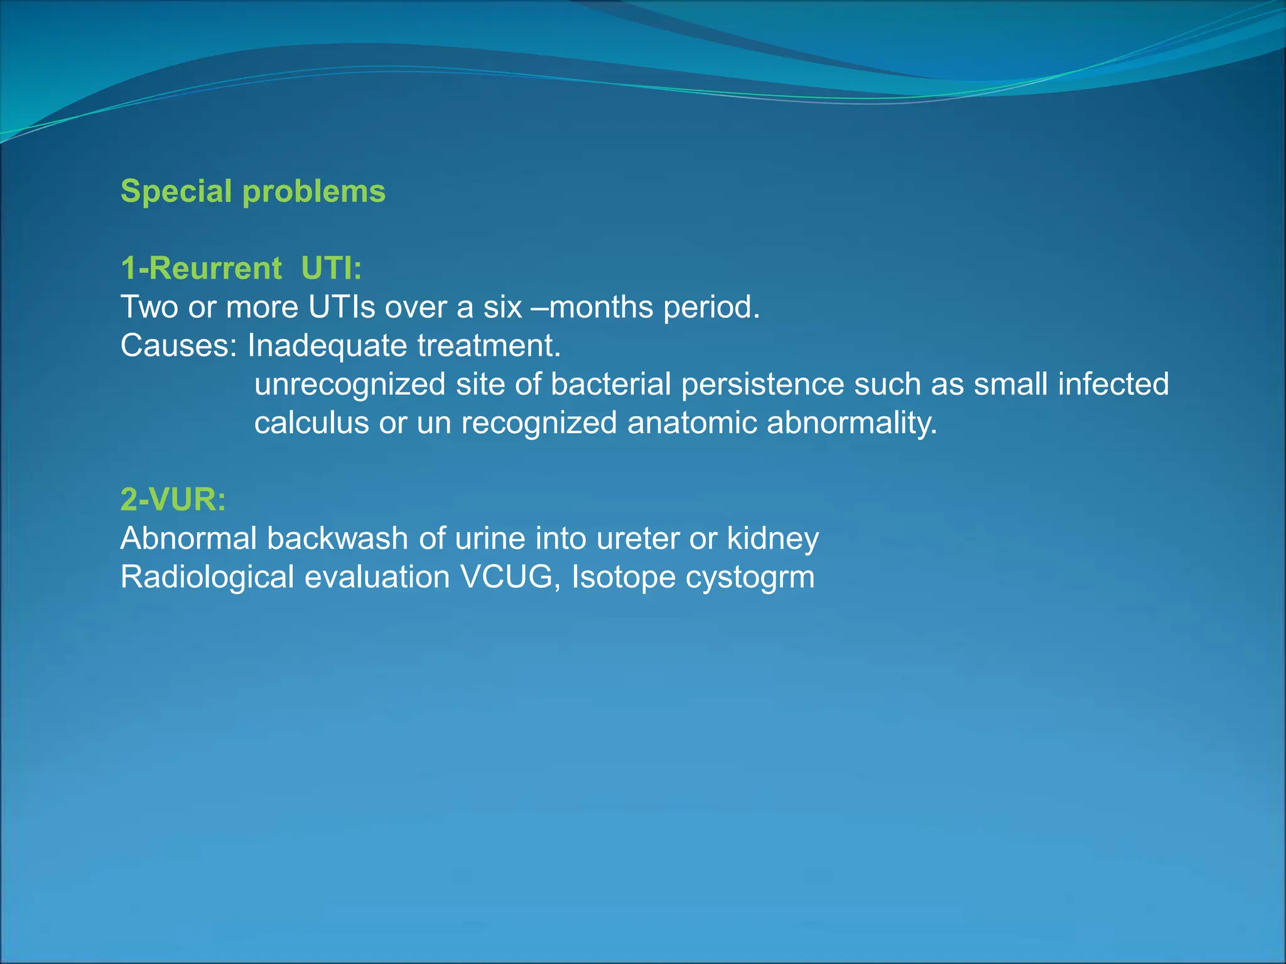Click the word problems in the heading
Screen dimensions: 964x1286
pyautogui.click(x=314, y=192)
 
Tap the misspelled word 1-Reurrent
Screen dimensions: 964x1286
pyautogui.click(x=201, y=269)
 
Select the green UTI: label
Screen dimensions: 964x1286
pyautogui.click(x=332, y=269)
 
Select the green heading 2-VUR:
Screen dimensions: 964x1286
pyautogui.click(x=173, y=500)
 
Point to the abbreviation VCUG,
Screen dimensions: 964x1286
pyautogui.click(x=511, y=577)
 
